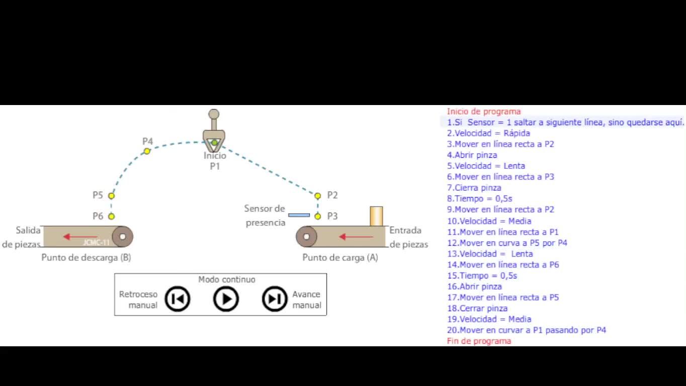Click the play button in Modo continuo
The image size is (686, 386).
click(x=226, y=299)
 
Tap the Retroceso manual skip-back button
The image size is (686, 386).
click(x=178, y=299)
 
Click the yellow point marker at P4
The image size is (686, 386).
click(x=147, y=151)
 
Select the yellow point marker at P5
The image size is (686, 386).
click(x=112, y=196)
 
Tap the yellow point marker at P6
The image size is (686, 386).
click(x=112, y=216)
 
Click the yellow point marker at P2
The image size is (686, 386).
click(x=317, y=196)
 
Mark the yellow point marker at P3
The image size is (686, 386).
click(x=317, y=216)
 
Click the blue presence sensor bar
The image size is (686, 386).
click(x=299, y=215)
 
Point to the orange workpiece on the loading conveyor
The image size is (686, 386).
click(x=376, y=216)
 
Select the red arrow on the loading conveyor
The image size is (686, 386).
click(x=356, y=237)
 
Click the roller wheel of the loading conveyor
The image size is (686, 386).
click(x=306, y=237)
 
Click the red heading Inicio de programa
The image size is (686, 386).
click(x=483, y=112)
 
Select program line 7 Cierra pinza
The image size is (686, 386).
click(x=474, y=187)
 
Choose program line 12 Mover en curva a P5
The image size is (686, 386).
click(x=507, y=243)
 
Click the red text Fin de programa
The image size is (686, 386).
click(x=479, y=341)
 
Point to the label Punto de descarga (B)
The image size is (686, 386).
click(x=86, y=257)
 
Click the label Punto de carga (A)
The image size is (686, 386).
click(x=340, y=257)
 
